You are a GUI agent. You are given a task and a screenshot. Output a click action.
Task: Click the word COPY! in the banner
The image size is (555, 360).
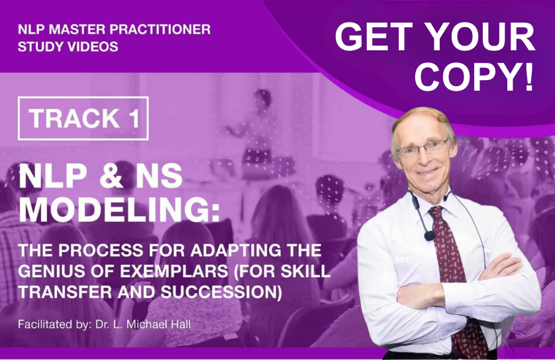click(x=474, y=75)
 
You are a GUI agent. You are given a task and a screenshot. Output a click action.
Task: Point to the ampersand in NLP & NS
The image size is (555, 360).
click(x=111, y=176)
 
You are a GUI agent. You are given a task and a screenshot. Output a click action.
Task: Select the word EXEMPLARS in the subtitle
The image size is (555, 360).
click(x=174, y=271)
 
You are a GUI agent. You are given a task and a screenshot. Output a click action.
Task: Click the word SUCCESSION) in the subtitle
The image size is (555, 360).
click(x=221, y=292)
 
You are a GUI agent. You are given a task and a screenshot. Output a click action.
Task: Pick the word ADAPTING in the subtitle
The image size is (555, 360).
click(x=236, y=250)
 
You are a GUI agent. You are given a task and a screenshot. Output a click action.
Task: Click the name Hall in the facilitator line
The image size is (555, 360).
click(x=181, y=324)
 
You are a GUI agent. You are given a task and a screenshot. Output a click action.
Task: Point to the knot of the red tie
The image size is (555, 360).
click(x=436, y=212)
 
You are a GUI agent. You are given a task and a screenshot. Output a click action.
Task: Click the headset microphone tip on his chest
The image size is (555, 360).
click(x=430, y=236)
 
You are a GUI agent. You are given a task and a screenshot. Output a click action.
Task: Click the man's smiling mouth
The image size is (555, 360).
click(x=429, y=173)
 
